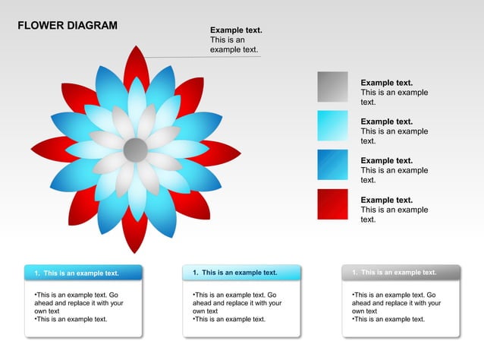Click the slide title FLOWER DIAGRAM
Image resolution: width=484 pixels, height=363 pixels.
point(68,26)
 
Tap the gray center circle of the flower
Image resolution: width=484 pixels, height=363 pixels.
point(135,150)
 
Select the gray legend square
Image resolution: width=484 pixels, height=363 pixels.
point(332,87)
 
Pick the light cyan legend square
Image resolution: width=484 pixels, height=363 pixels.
point(332,125)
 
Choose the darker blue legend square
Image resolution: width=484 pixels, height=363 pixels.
point(332,165)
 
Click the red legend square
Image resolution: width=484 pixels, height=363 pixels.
point(332,204)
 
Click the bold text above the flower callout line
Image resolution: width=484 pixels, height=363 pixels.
point(236,30)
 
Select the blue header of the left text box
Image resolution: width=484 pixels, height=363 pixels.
point(83,273)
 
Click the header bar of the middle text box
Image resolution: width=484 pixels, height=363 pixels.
point(241,273)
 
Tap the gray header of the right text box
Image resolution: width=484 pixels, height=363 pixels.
point(401,273)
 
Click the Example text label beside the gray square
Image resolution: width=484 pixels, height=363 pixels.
point(386,83)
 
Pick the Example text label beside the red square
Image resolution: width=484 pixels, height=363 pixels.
point(386,200)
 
